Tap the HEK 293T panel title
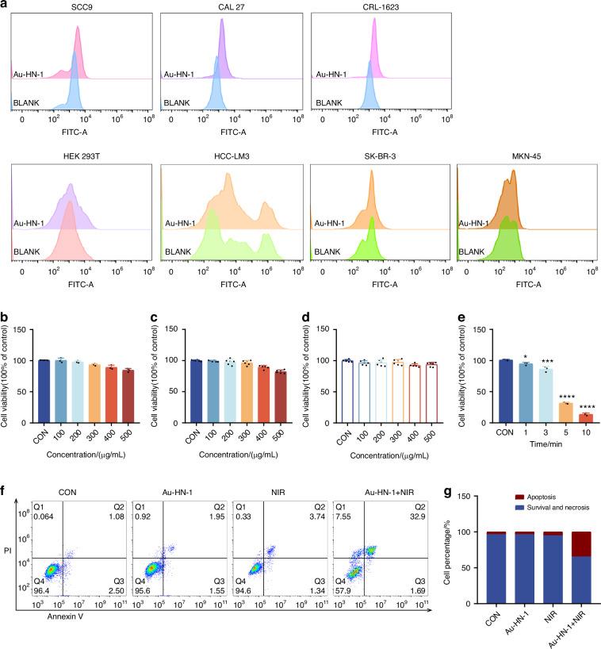click(80, 156)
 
